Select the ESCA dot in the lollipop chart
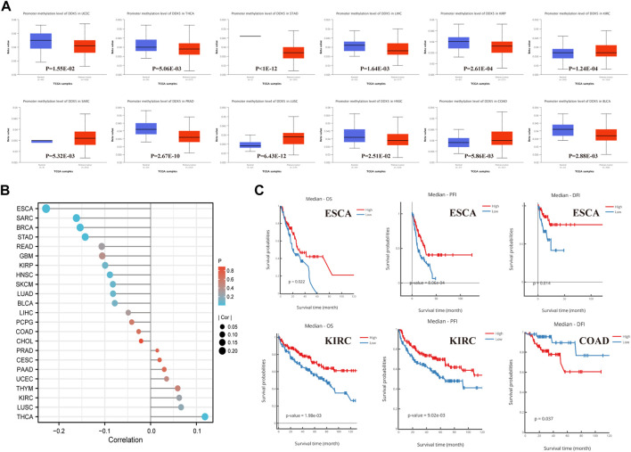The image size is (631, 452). pyautogui.click(x=46, y=209)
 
